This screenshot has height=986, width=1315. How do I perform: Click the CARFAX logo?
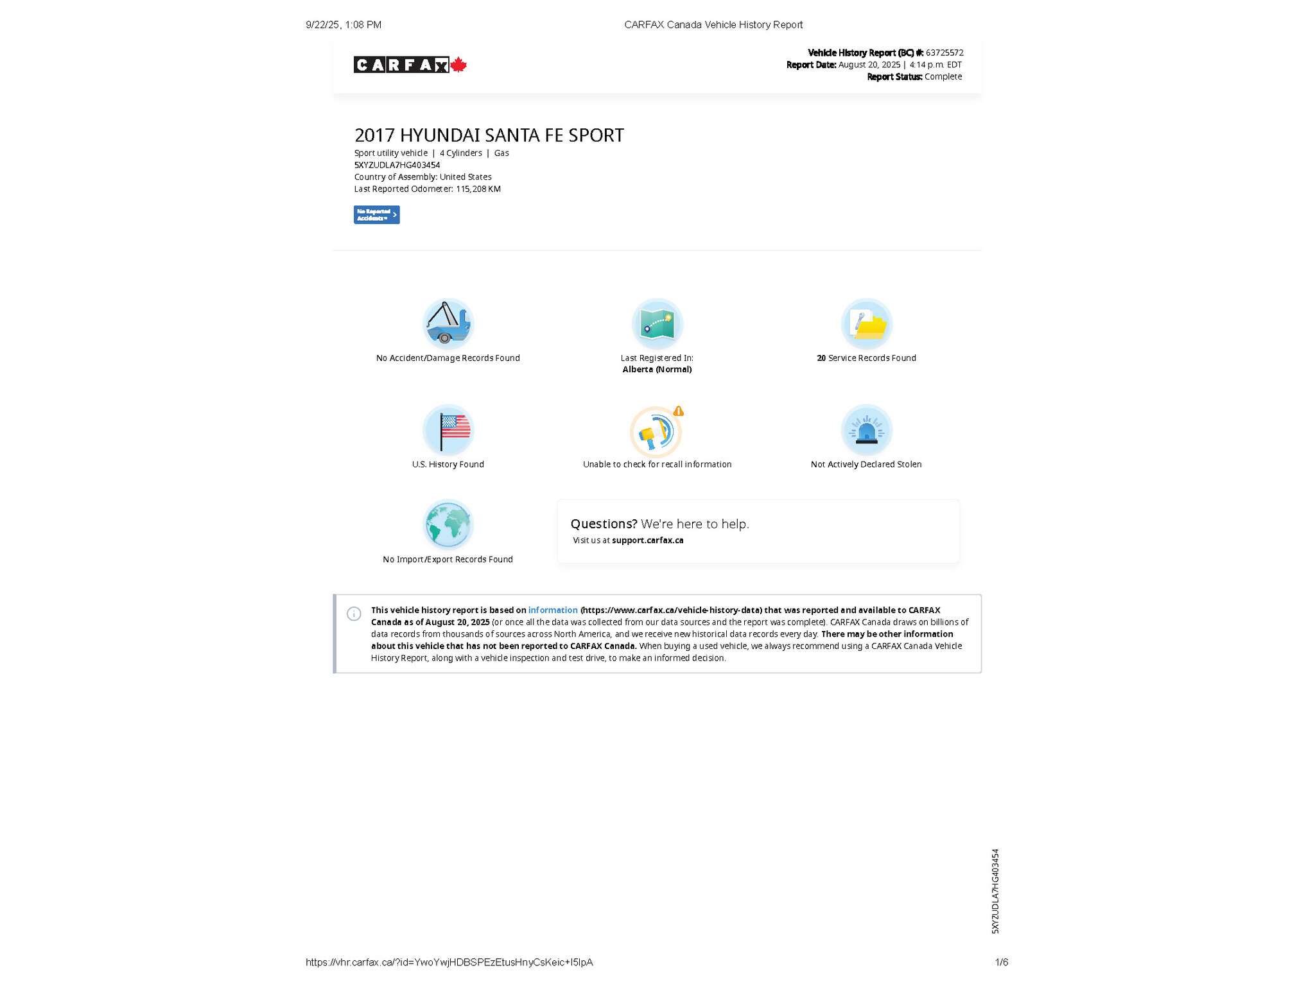coord(401,65)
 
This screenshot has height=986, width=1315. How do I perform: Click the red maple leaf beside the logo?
coord(458,65)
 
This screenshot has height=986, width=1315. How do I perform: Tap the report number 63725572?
coord(944,53)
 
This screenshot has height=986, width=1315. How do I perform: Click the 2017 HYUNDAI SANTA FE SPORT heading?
coord(489,135)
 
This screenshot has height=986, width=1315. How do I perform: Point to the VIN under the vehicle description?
coord(397,165)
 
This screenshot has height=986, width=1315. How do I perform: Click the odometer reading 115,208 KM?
coord(478,189)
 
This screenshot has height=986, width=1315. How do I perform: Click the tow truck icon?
coord(448,323)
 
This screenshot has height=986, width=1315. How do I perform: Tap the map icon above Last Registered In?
coord(657,324)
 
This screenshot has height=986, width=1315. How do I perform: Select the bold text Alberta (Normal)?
coord(657,369)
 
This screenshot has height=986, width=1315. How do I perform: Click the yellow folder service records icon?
coord(867,324)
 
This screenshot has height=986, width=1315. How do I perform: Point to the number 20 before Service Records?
coord(821,358)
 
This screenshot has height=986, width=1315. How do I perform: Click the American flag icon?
coord(448,429)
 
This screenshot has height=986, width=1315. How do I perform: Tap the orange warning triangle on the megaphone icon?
coord(679,411)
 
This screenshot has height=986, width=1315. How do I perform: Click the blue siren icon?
coord(866,429)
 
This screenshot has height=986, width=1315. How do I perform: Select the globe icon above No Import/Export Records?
coord(448,524)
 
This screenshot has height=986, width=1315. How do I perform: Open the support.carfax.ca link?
coord(647,541)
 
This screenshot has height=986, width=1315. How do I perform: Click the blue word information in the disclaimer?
coord(552,610)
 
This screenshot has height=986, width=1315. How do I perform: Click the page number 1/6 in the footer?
coord(1001,962)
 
